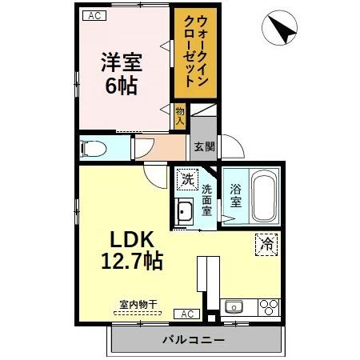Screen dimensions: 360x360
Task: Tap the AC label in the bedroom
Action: [x=94, y=15]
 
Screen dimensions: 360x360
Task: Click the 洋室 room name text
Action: [x=122, y=62]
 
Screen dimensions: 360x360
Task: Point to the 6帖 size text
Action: [x=122, y=86]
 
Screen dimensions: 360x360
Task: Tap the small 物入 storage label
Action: [x=180, y=116]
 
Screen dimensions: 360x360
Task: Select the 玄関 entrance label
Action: [x=203, y=146]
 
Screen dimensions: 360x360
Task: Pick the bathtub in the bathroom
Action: [x=265, y=197]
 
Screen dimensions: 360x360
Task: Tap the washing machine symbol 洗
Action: [x=186, y=180]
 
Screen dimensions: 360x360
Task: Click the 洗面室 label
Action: [x=206, y=201]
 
